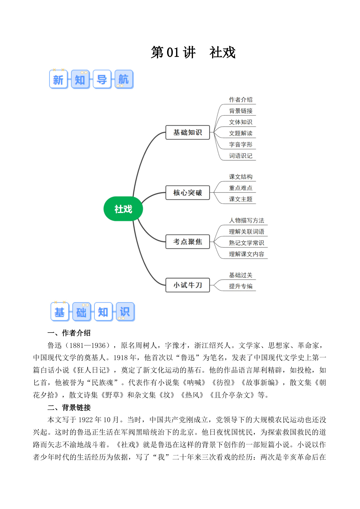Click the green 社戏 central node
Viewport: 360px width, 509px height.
[123, 209]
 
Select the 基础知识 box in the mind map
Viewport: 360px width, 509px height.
[187, 132]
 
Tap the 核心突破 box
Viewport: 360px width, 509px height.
[187, 193]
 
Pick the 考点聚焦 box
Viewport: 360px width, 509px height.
[187, 242]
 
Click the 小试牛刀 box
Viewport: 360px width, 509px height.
[187, 285]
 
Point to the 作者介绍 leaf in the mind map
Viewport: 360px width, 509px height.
[241, 100]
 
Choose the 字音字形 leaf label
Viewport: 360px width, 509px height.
[241, 145]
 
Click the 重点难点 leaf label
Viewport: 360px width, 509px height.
[241, 188]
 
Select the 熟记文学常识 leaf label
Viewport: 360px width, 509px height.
[247, 243]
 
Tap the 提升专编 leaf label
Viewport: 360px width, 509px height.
[241, 286]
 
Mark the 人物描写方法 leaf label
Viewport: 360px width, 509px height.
[247, 221]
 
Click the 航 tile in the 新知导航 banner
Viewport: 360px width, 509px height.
[124, 79]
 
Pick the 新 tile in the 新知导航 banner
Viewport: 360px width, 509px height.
[58, 79]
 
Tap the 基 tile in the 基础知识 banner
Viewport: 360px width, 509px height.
[60, 312]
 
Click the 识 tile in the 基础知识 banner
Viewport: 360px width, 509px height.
[125, 312]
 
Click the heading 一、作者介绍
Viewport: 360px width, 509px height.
[69, 333]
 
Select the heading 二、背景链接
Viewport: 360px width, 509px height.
[69, 407]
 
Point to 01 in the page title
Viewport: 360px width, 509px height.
[173, 53]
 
